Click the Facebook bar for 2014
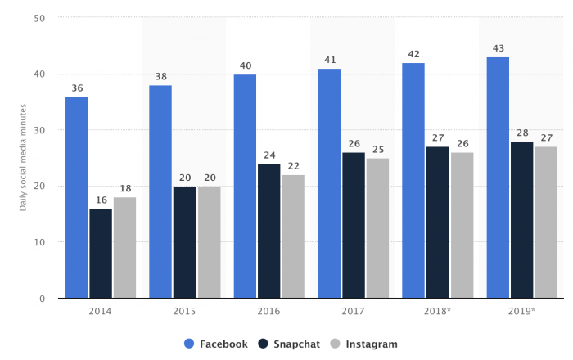(77, 197)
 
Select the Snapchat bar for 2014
(101, 254)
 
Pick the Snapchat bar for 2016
(268, 231)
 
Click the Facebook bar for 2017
(330, 183)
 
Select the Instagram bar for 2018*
(462, 225)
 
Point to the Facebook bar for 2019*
(498, 178)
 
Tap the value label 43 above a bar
(498, 48)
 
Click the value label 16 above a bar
(101, 200)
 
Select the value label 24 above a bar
(268, 155)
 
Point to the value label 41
(330, 60)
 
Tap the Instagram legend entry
(365, 344)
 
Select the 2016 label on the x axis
(268, 312)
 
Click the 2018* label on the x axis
(438, 312)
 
